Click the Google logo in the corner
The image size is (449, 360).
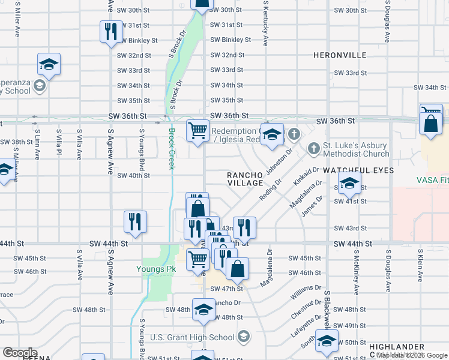(20, 353)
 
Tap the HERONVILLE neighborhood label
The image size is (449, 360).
(340, 55)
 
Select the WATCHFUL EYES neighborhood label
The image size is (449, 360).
(358, 171)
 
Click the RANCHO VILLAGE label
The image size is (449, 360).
(245, 179)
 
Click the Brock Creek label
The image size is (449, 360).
(171, 149)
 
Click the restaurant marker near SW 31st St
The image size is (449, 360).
(110, 32)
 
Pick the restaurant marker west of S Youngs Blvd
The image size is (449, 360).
(135, 222)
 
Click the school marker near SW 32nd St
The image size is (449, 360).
(49, 64)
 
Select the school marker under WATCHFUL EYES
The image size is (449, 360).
(349, 184)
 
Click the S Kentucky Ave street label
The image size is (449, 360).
(265, 25)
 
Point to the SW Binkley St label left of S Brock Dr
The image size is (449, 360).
(138, 40)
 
